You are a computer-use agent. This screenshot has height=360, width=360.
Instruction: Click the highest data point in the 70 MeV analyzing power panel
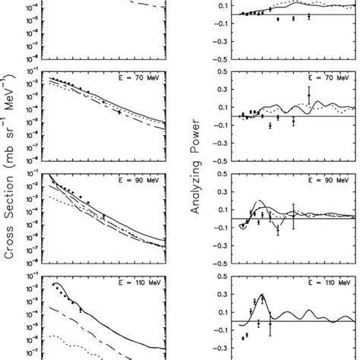309,94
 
